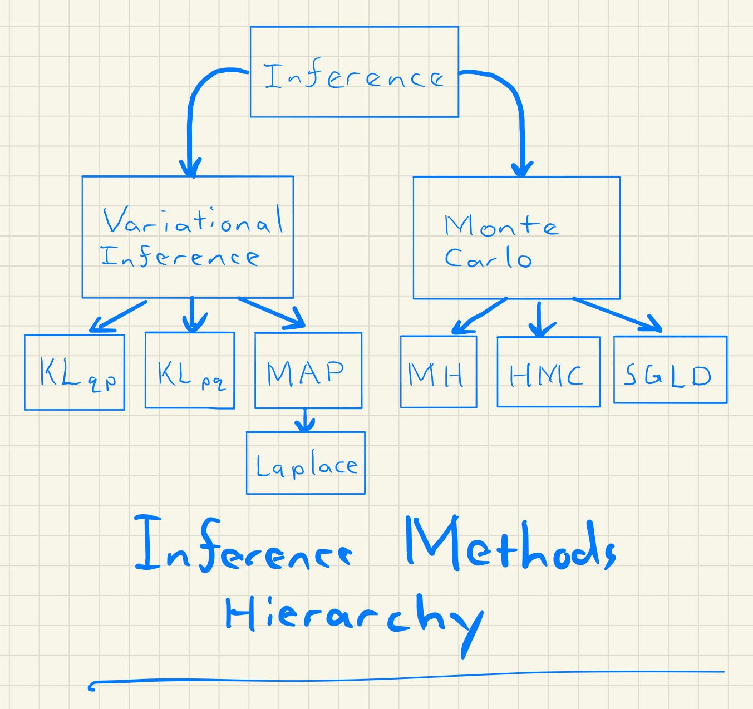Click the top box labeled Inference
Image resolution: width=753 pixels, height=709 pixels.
(354, 72)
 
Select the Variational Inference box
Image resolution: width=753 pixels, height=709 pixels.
(188, 237)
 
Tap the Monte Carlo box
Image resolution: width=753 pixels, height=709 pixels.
(516, 238)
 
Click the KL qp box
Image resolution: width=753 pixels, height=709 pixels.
(74, 372)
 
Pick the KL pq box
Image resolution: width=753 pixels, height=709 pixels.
(189, 371)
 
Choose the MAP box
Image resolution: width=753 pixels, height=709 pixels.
(308, 371)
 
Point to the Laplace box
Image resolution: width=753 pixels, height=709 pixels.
(306, 463)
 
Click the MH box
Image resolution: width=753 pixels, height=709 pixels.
(438, 372)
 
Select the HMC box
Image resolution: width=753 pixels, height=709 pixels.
(548, 372)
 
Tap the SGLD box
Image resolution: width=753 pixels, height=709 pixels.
(670, 370)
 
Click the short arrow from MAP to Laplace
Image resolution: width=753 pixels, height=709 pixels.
(304, 421)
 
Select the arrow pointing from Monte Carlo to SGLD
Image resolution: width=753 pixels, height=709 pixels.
(618, 316)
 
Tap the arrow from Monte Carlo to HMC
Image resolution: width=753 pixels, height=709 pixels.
(538, 319)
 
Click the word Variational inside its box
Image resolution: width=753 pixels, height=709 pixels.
(193, 220)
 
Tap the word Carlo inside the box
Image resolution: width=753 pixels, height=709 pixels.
(488, 258)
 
